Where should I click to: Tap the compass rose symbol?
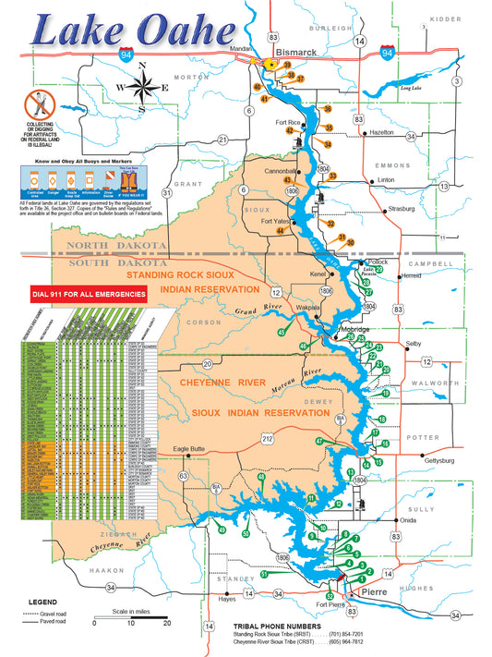click(x=140, y=88)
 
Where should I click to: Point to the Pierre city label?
click(x=374, y=590)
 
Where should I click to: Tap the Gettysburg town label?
click(x=439, y=459)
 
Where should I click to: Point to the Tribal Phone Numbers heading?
click(x=277, y=624)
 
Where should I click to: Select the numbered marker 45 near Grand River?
click(x=282, y=332)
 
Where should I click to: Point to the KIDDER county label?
click(x=445, y=18)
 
